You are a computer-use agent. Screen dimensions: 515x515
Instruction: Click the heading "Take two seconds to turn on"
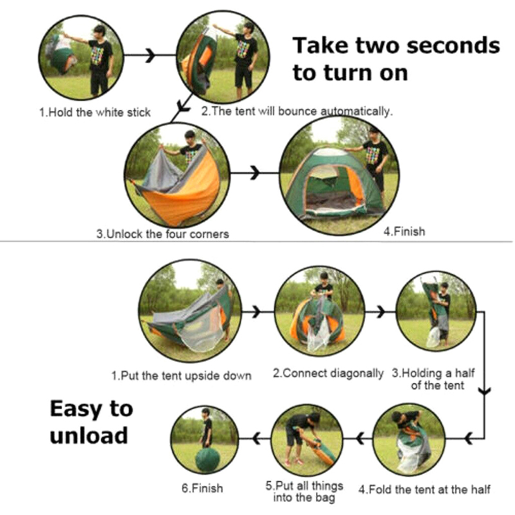tap(396, 59)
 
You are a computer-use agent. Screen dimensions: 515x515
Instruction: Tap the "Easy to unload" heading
tap(91, 422)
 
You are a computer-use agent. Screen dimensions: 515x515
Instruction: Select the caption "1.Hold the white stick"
tap(95, 112)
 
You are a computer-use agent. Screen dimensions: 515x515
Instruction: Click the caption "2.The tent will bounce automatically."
tap(297, 111)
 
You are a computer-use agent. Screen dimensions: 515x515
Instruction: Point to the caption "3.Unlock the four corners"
tap(163, 234)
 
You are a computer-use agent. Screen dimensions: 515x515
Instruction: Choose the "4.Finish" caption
tap(404, 232)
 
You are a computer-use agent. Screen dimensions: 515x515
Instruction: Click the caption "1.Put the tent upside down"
tap(182, 375)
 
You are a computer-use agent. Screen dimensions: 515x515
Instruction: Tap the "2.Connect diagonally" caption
tap(328, 373)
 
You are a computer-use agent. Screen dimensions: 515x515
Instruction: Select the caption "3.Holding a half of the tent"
tap(433, 379)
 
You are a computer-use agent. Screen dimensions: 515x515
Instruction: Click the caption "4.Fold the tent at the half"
tap(424, 489)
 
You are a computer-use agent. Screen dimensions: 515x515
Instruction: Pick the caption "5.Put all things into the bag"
tap(304, 492)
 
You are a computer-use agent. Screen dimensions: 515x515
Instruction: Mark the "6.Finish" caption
tap(202, 489)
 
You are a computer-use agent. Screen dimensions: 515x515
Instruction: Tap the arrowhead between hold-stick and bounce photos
tap(150, 55)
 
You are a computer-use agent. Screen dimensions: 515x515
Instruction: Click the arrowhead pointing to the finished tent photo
tap(254, 173)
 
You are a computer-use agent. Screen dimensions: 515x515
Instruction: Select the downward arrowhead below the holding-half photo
tap(485, 391)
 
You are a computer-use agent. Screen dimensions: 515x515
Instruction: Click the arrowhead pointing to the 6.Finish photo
tap(256, 438)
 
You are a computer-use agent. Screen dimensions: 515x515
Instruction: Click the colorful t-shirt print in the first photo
tap(97, 55)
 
